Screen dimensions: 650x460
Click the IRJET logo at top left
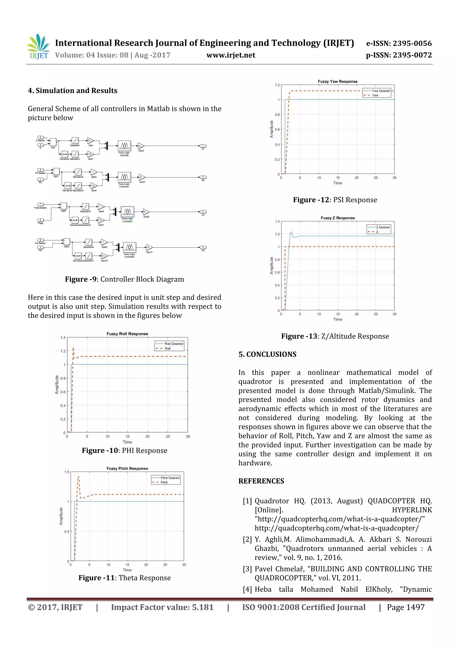pos(38,47)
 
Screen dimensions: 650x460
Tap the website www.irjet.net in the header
pos(231,55)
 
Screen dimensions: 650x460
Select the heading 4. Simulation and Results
pos(73,91)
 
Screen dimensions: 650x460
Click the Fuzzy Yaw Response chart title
pos(337,81)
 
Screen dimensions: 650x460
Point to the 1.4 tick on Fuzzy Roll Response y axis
pos(63,337)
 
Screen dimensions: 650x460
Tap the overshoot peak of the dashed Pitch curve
pos(79,477)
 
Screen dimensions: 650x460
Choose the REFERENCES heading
pos(261,481)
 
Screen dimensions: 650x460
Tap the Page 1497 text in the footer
pos(406,607)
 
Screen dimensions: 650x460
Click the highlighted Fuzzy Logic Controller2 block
pos(127,212)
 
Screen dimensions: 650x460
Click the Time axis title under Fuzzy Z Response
pos(337,319)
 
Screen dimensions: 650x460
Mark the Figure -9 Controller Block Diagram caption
pos(124,279)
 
